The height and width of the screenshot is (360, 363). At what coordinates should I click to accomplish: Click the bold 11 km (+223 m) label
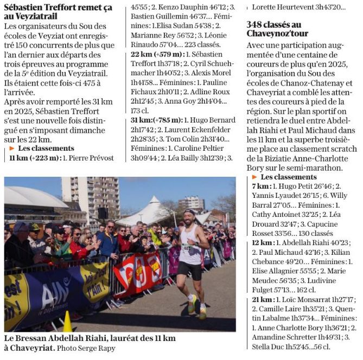(x=33, y=158)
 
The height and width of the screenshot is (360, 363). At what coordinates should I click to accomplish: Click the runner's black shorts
(x=189, y=269)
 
